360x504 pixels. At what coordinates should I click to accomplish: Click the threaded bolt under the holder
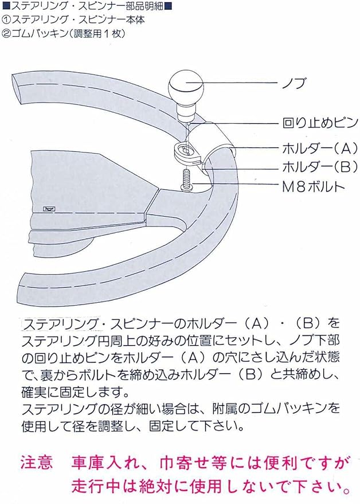click(x=187, y=179)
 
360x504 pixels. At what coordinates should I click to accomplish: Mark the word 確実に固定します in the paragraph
click(x=69, y=394)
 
